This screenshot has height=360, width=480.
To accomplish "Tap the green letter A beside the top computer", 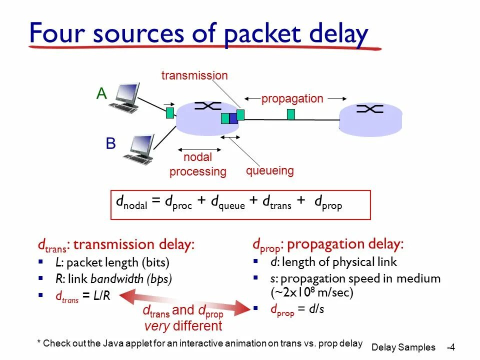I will pyautogui.click(x=102, y=93).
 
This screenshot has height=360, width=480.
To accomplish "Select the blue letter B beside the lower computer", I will pyautogui.click(x=110, y=144).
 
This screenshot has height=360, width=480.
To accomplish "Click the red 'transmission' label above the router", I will pyautogui.click(x=194, y=76).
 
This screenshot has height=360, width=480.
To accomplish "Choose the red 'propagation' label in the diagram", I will pyautogui.click(x=292, y=98).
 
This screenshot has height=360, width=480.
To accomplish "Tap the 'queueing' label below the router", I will pyautogui.click(x=269, y=171).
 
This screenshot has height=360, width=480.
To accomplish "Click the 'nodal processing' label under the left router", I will pyautogui.click(x=198, y=164).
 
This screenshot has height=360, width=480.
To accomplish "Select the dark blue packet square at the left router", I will pyautogui.click(x=233, y=118).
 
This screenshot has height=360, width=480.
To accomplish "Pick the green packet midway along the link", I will pyautogui.click(x=291, y=114).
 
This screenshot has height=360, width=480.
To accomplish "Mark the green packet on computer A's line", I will pyautogui.click(x=170, y=112).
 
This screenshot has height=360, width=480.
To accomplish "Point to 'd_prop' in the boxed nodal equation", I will pyautogui.click(x=328, y=202).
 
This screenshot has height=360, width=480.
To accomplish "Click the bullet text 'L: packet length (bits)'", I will pyautogui.click(x=112, y=262).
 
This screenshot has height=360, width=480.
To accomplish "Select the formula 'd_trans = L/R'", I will pyautogui.click(x=82, y=296).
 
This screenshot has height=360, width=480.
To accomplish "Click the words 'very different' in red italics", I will pyautogui.click(x=183, y=326).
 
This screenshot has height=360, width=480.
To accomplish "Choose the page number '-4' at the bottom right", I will pyautogui.click(x=451, y=347).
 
